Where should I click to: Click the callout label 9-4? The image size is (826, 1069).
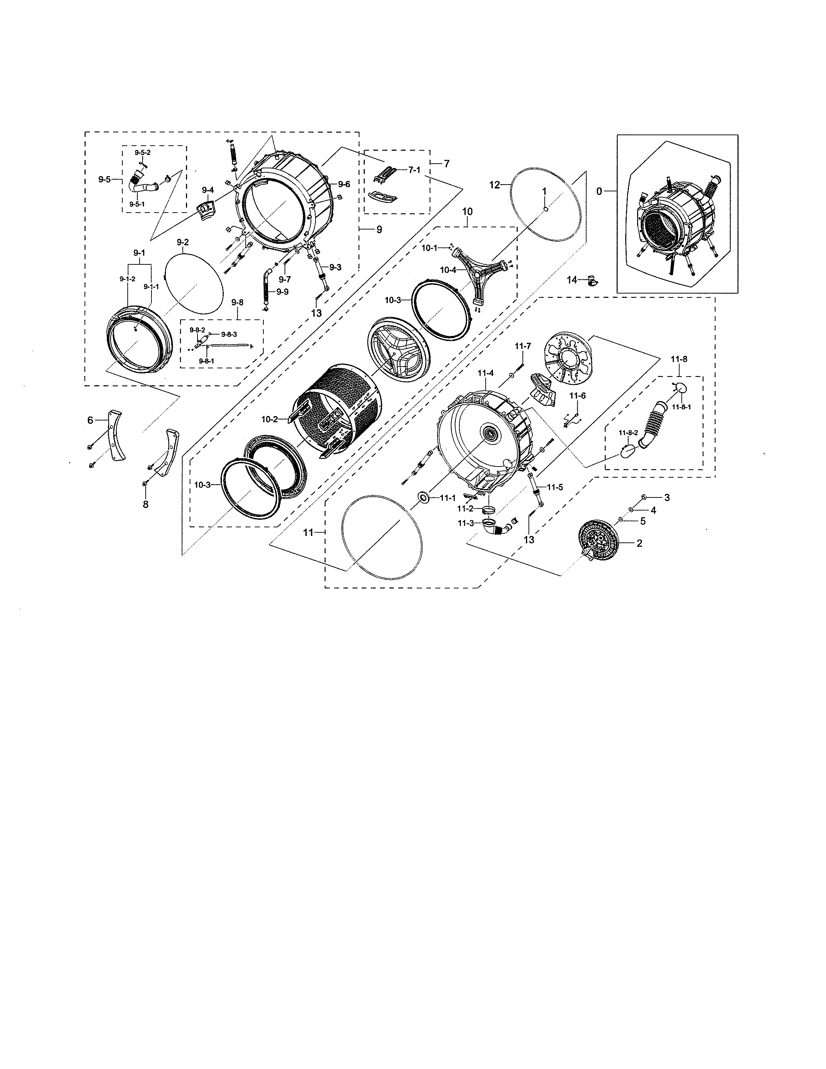click(208, 190)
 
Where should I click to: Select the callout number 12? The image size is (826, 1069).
click(495, 185)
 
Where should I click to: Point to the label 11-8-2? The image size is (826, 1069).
click(628, 433)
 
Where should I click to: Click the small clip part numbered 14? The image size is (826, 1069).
click(592, 281)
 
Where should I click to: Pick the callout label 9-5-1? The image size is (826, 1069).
click(137, 204)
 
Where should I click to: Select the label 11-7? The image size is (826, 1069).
click(522, 346)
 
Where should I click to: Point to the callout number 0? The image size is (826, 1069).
click(599, 191)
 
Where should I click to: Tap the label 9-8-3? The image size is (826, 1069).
click(229, 334)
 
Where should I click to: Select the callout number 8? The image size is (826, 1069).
click(145, 504)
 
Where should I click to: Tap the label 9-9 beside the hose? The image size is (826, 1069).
click(282, 292)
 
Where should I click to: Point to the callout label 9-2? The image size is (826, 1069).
click(183, 242)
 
